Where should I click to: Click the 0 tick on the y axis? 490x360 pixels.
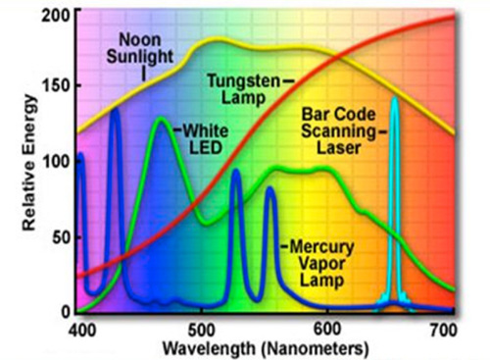point(66,311)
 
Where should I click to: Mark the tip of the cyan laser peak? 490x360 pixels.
point(394,99)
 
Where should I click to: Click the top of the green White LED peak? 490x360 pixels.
point(160,119)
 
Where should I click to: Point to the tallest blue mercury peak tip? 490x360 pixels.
point(116,110)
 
